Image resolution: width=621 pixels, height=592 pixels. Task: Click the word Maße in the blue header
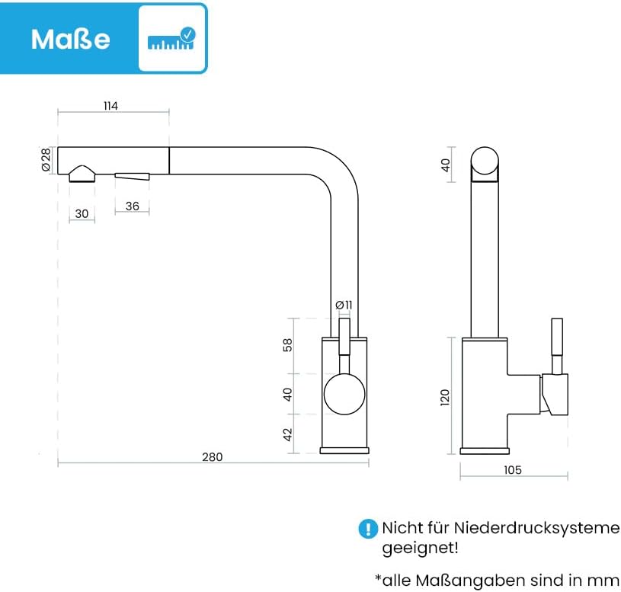(70, 39)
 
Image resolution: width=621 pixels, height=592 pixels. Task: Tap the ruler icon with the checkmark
(171, 39)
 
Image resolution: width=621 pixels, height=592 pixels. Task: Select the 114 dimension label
(111, 106)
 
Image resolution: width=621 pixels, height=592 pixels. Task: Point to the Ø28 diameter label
(46, 159)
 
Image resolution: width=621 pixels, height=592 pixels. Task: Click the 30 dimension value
(82, 214)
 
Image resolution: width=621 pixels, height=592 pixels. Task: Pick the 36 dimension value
(132, 206)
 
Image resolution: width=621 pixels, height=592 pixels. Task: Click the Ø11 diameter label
(344, 305)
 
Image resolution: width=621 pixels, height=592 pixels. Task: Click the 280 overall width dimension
(213, 457)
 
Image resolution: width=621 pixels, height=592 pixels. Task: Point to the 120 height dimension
(446, 396)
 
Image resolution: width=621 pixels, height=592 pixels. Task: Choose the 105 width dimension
(513, 470)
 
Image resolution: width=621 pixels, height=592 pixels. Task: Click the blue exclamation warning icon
(368, 529)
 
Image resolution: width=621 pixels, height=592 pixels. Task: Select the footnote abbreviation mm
(607, 579)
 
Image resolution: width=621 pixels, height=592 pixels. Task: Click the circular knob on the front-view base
(344, 395)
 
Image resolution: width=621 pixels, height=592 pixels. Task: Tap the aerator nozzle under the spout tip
(82, 174)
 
